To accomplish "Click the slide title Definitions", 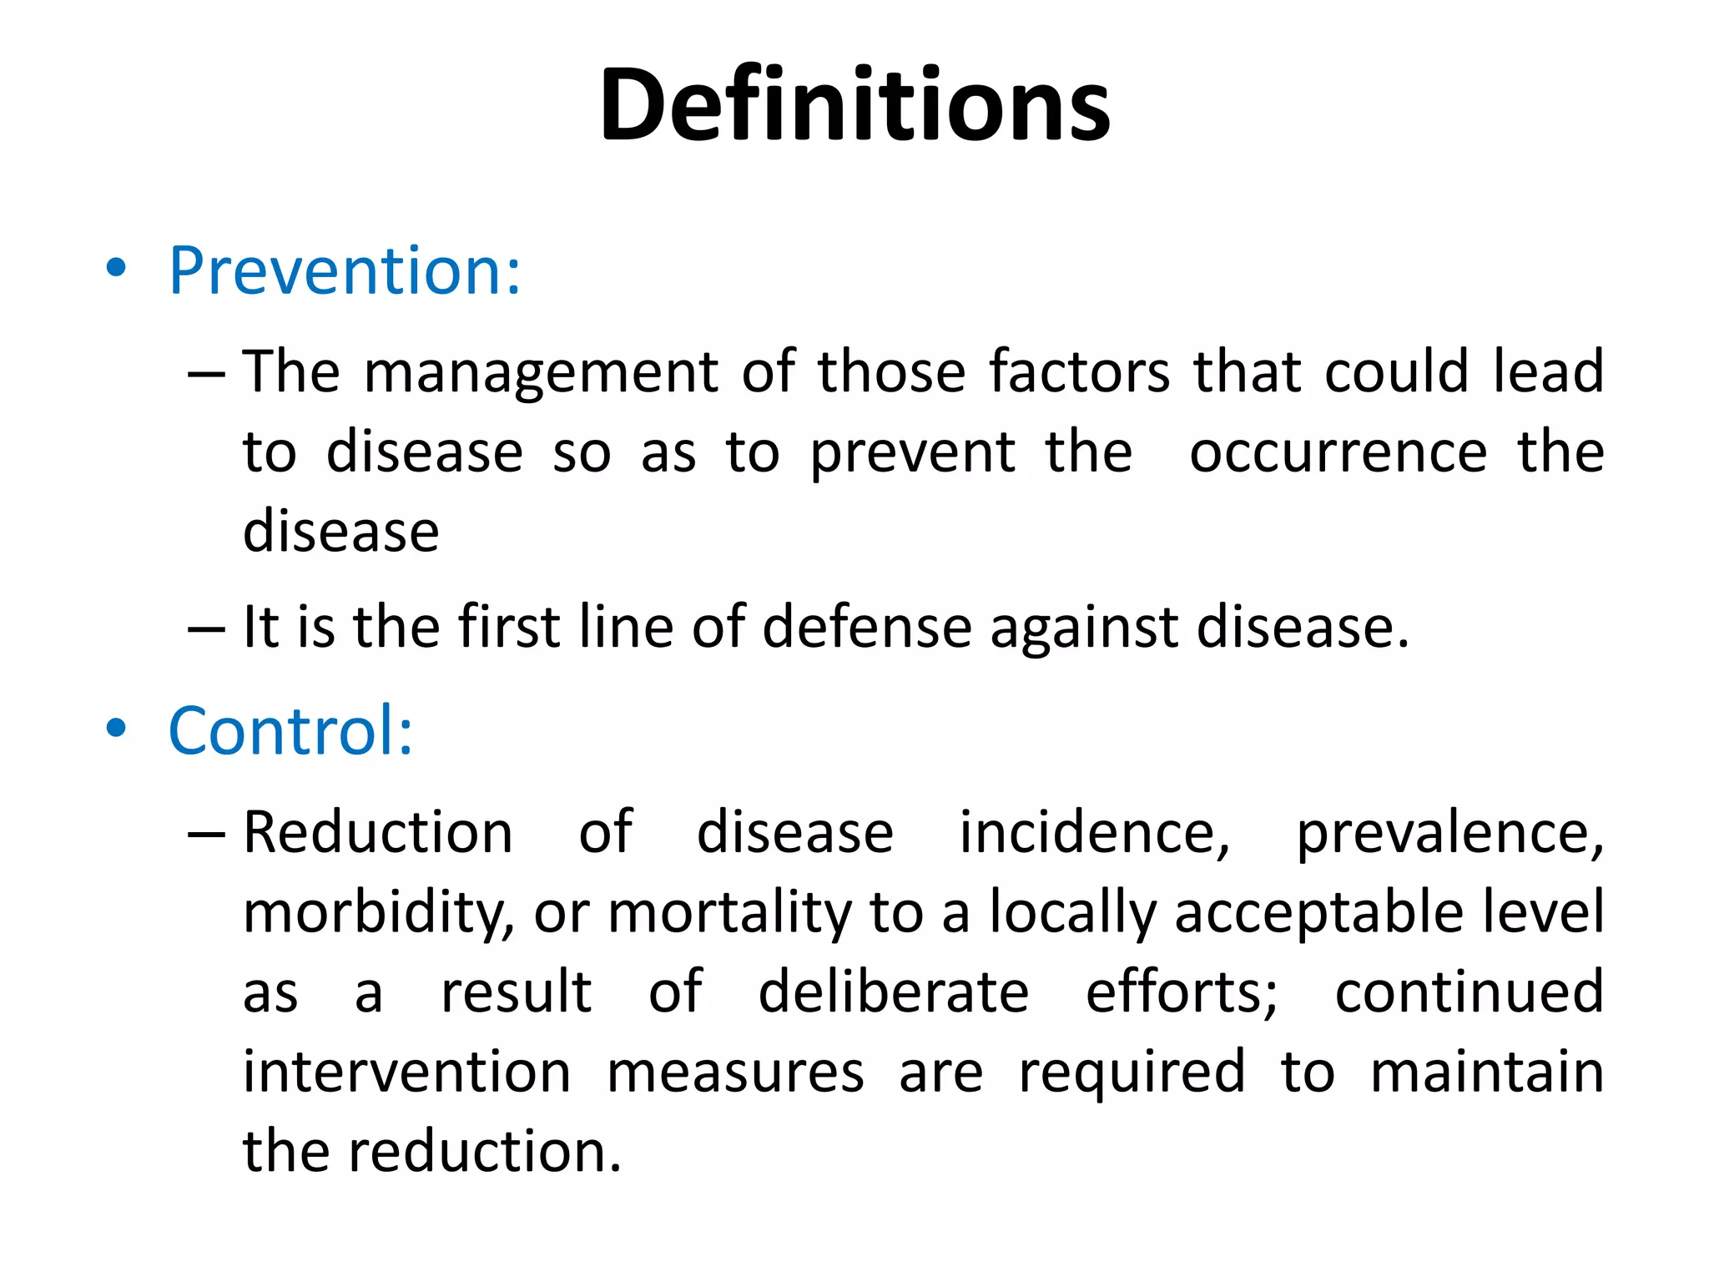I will [x=854, y=105].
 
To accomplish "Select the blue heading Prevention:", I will [x=345, y=271].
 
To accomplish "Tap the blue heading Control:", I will [x=290, y=731].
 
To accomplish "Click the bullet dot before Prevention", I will [x=116, y=269].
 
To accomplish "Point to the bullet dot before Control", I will [x=116, y=729].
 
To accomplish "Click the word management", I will [x=541, y=372].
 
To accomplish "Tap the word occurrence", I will [x=1338, y=452].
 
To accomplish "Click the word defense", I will [x=867, y=627].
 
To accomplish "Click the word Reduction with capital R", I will [x=378, y=833].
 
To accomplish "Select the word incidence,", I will [x=1094, y=833].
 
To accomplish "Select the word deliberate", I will [x=893, y=992].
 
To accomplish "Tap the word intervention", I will [x=407, y=1073].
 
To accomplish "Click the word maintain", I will [x=1486, y=1073].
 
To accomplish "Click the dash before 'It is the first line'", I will [x=206, y=628].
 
